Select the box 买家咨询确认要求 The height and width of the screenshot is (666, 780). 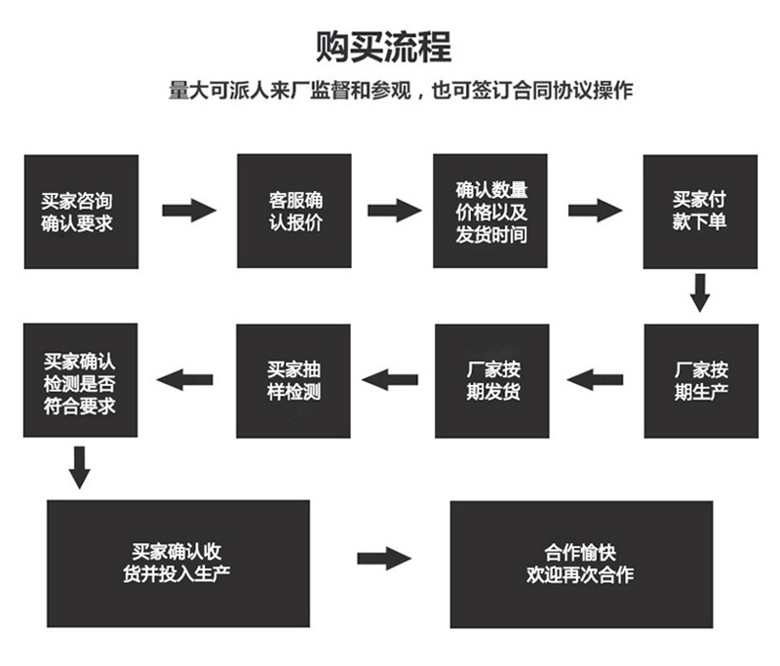pyautogui.click(x=81, y=211)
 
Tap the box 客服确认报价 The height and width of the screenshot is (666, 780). pyautogui.click(x=294, y=211)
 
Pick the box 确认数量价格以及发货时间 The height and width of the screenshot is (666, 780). pyautogui.click(x=491, y=211)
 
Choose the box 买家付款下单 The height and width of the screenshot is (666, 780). pyautogui.click(x=698, y=211)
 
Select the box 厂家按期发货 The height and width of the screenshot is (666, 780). pyautogui.click(x=491, y=381)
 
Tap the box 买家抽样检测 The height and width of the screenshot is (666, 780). pyautogui.click(x=294, y=381)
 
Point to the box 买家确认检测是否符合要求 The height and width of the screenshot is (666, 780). pyautogui.click(x=81, y=381)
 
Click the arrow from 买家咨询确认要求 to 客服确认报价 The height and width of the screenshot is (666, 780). pyautogui.click(x=187, y=210)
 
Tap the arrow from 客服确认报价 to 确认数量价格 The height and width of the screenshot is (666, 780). pyautogui.click(x=393, y=210)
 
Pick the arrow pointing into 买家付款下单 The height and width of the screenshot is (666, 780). pyautogui.click(x=594, y=210)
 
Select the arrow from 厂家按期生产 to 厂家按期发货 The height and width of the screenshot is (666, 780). pyautogui.click(x=595, y=379)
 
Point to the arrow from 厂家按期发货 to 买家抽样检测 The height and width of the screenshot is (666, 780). pyautogui.click(x=390, y=378)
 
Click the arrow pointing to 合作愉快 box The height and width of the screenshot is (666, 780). pyautogui.click(x=383, y=559)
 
